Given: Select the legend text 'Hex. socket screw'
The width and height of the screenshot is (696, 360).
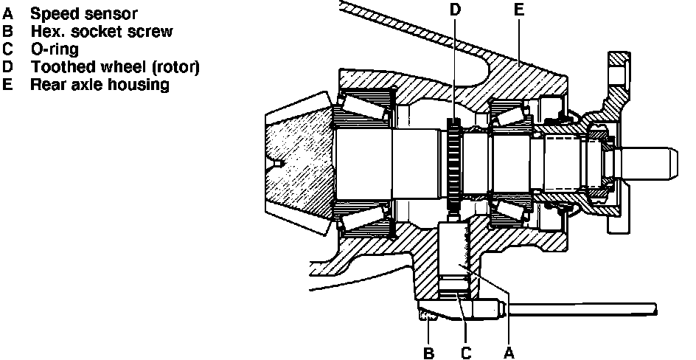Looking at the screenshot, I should coord(101,31).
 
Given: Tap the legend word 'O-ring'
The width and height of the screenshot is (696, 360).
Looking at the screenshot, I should coord(55,49).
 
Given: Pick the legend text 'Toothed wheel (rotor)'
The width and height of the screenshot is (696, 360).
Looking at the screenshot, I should coord(115,67).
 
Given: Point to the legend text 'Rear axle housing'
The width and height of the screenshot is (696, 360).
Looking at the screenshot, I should coord(100,85).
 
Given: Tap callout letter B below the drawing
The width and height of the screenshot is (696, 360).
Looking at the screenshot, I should coord(428,353).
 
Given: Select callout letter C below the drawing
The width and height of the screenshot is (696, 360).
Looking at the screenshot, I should coord(466,353).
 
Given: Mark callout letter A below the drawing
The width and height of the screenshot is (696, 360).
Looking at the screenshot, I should coord(508,353).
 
